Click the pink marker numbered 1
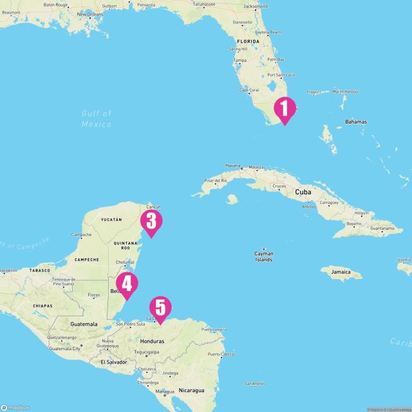point(285,109)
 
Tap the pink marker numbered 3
point(151,221)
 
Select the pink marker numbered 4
point(126,283)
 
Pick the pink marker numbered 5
point(160,308)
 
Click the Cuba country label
point(303,192)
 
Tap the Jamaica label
point(346,272)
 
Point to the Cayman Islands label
point(263,256)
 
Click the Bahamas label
point(355,122)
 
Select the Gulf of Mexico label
point(97,118)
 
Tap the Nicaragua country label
point(191,390)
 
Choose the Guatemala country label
point(84,323)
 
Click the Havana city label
point(232,165)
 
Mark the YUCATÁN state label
point(111,220)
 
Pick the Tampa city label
point(240,61)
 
